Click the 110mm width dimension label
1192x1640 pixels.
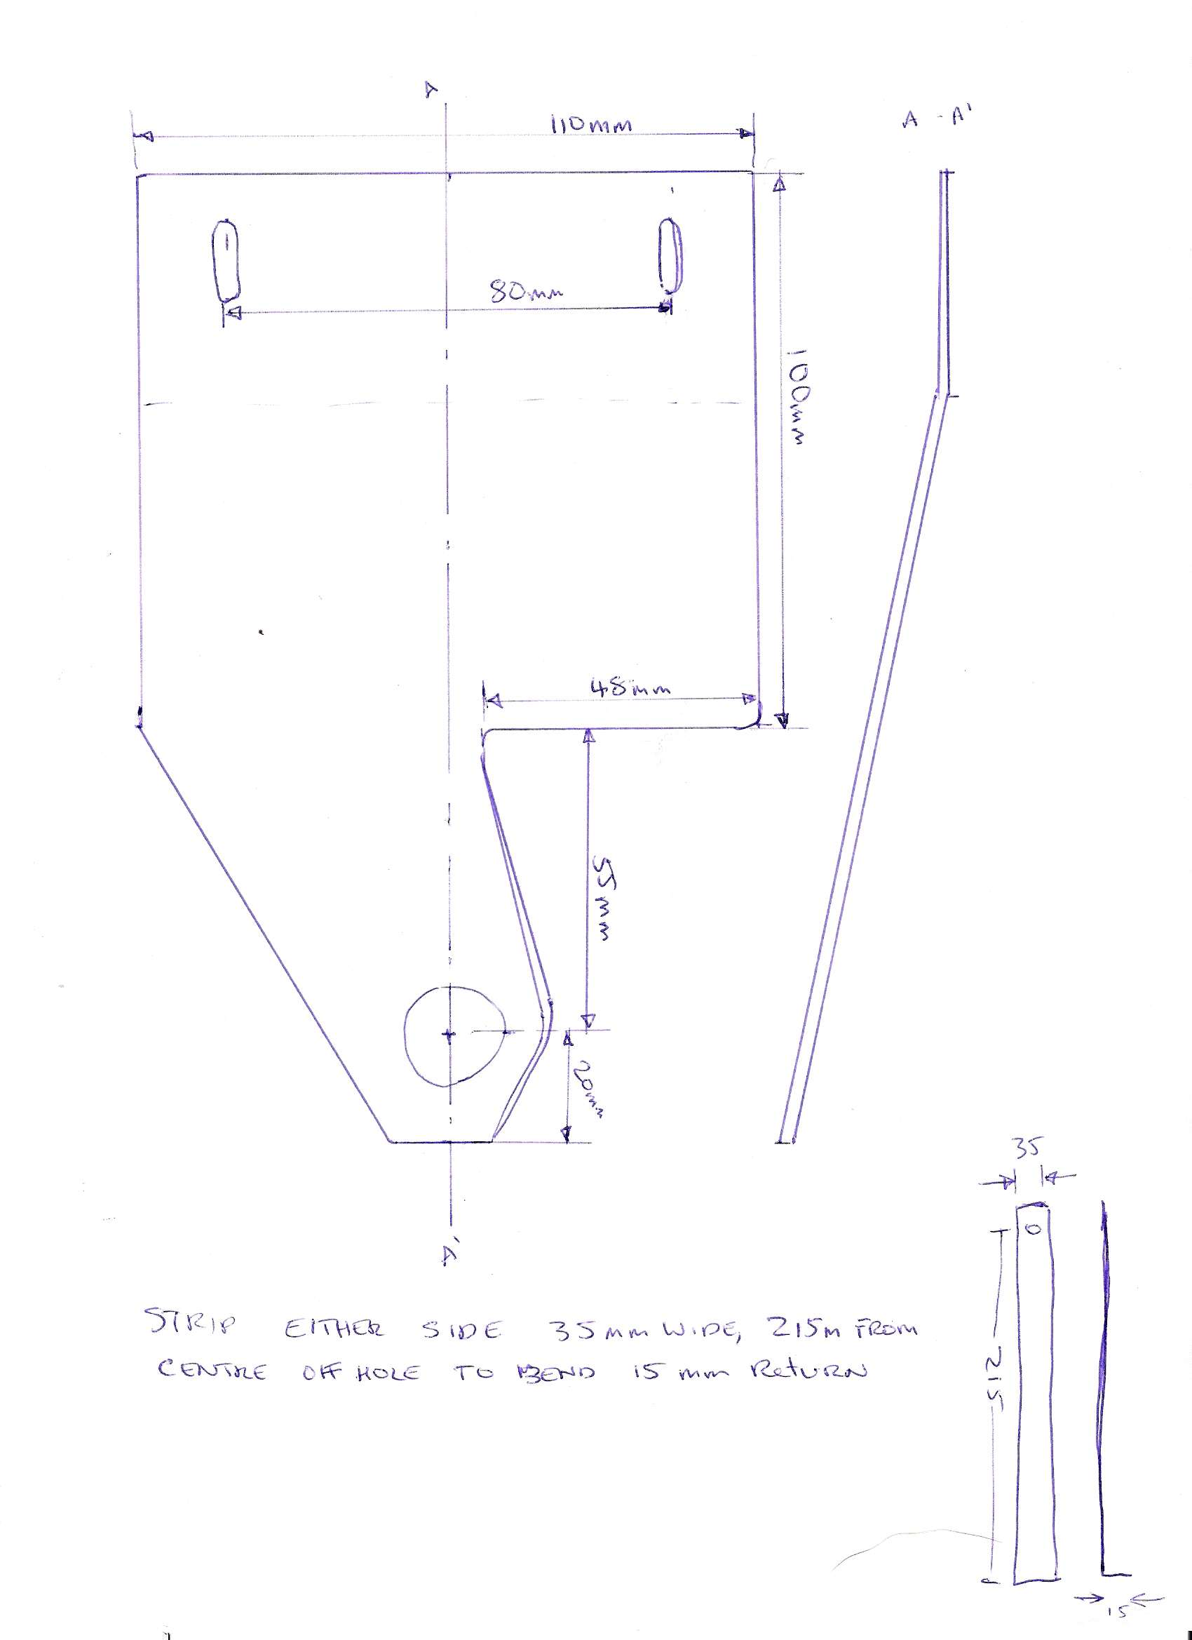pos(591,125)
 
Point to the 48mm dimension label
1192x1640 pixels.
pos(630,687)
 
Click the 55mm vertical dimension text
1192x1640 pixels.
pos(603,899)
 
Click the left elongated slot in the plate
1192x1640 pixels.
pos(226,260)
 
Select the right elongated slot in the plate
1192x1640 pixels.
pos(670,256)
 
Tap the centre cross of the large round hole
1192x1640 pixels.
pos(449,1035)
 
